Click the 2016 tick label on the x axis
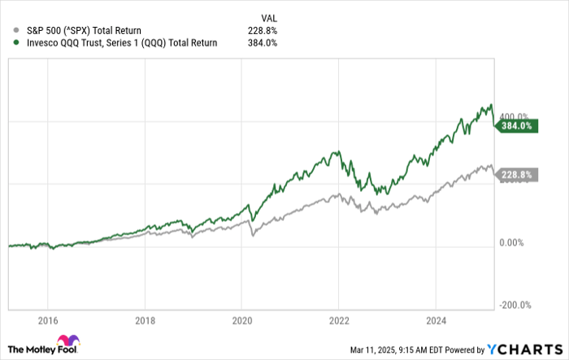[x=48, y=319]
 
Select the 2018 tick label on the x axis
[x=145, y=319]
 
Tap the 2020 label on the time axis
[x=242, y=319]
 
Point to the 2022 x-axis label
[x=339, y=319]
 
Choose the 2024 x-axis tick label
[x=437, y=319]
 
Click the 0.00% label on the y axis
[x=514, y=243]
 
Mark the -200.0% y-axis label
[x=515, y=305]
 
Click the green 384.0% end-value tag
[x=516, y=126]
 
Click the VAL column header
[x=268, y=15]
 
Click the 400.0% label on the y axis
[x=514, y=116]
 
